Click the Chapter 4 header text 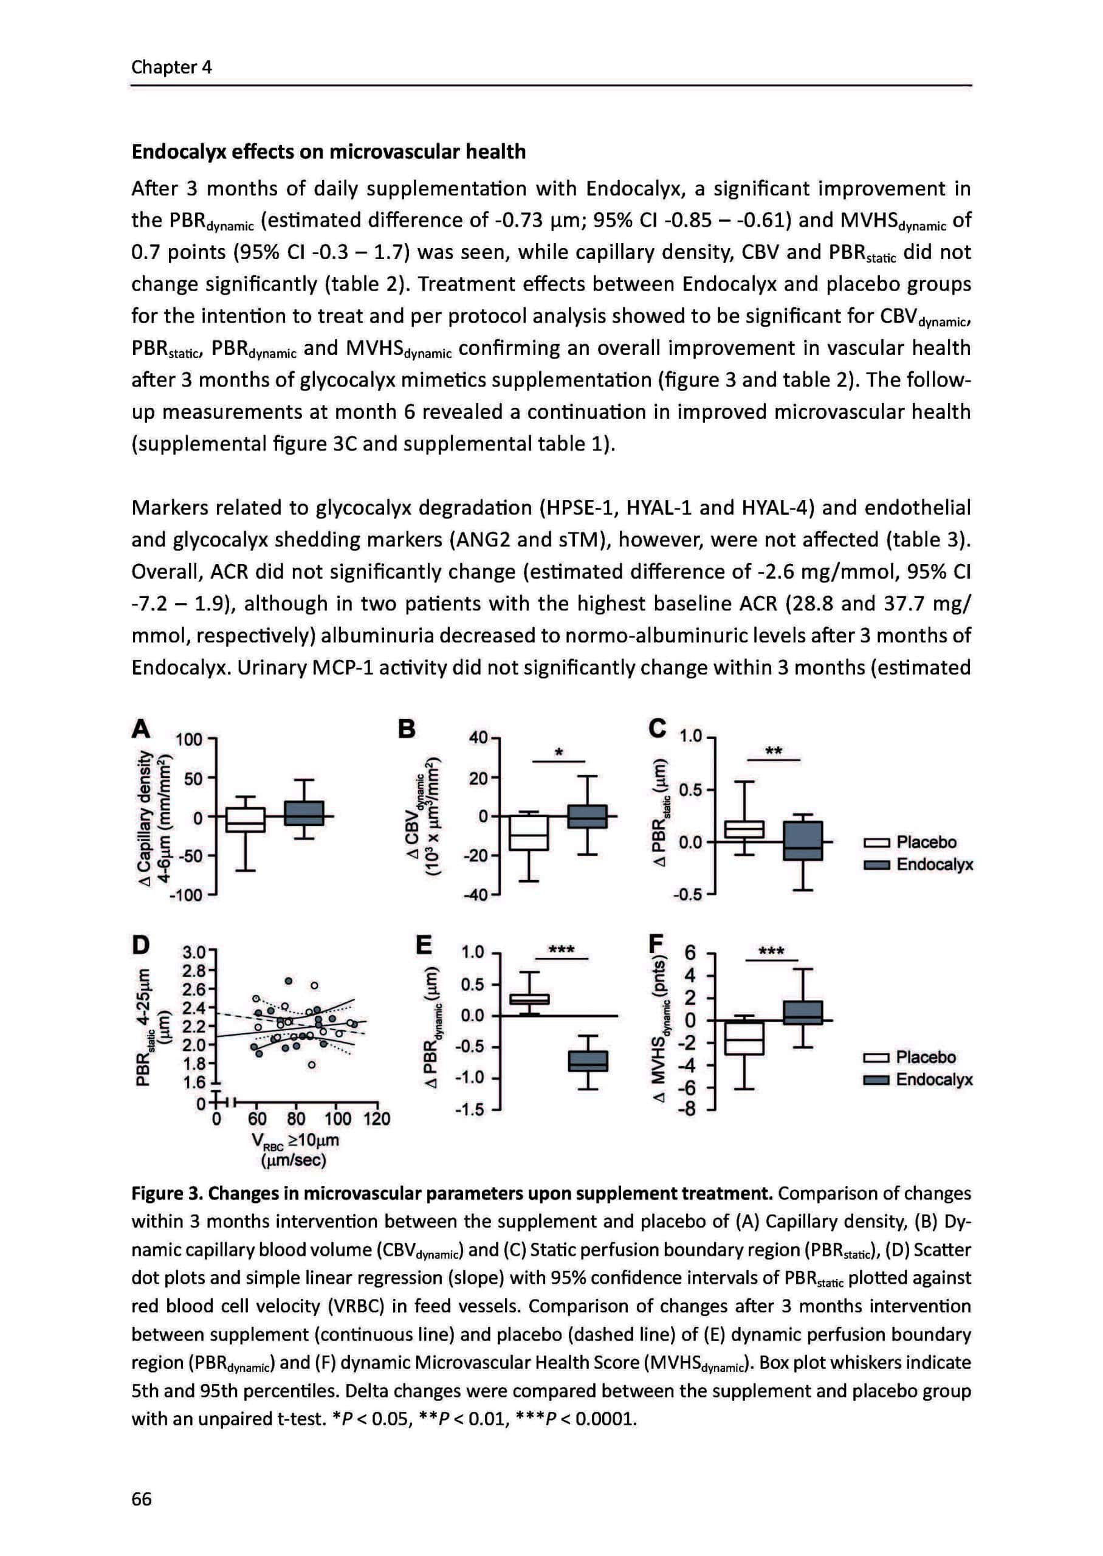171,67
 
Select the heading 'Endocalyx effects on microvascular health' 328,151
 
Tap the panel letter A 140,729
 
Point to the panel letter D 140,944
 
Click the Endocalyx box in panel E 588,1060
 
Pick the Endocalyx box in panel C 802,841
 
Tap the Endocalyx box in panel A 304,813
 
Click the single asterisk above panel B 558,752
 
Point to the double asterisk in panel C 773,751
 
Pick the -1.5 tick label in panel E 472,1110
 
